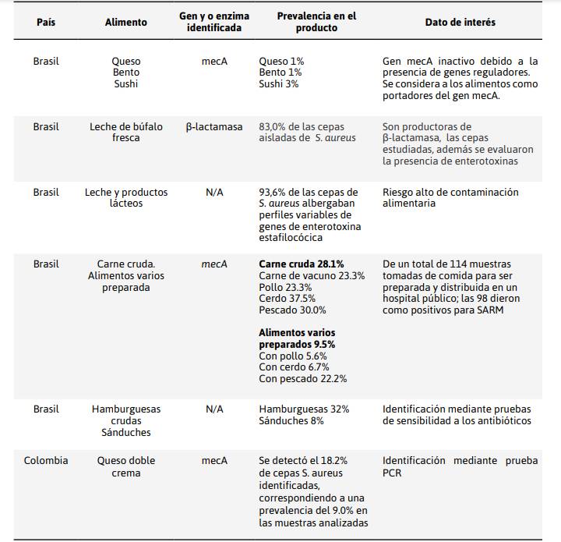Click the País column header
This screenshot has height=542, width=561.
pyautogui.click(x=46, y=22)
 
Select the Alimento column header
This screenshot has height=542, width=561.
pyautogui.click(x=126, y=22)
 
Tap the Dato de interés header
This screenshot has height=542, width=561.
pyautogui.click(x=460, y=22)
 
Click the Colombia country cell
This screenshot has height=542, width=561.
pyautogui.click(x=46, y=460)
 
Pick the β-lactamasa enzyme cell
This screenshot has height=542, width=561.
pyautogui.click(x=214, y=127)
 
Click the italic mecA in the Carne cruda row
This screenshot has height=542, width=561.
pyautogui.click(x=214, y=264)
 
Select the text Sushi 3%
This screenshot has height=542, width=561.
pyautogui.click(x=279, y=83)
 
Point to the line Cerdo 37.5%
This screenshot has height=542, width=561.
pyautogui.click(x=288, y=299)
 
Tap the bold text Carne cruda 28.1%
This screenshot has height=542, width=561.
pyautogui.click(x=302, y=264)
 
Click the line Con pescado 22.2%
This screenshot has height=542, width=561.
pyautogui.click(x=302, y=379)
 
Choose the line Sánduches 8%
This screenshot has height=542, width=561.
pyautogui.click(x=291, y=420)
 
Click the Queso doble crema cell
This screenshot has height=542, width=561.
pyautogui.click(x=126, y=466)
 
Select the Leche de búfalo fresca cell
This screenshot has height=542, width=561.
pyautogui.click(x=126, y=132)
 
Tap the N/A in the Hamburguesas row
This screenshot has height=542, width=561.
pyautogui.click(x=214, y=409)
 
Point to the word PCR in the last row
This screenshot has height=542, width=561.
pyautogui.click(x=392, y=473)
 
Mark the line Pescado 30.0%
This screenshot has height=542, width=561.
pyautogui.click(x=292, y=310)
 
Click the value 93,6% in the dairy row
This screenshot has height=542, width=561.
pyautogui.click(x=272, y=193)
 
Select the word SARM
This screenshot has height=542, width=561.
pyautogui.click(x=490, y=310)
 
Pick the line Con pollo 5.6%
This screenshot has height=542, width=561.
pyautogui.click(x=293, y=356)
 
